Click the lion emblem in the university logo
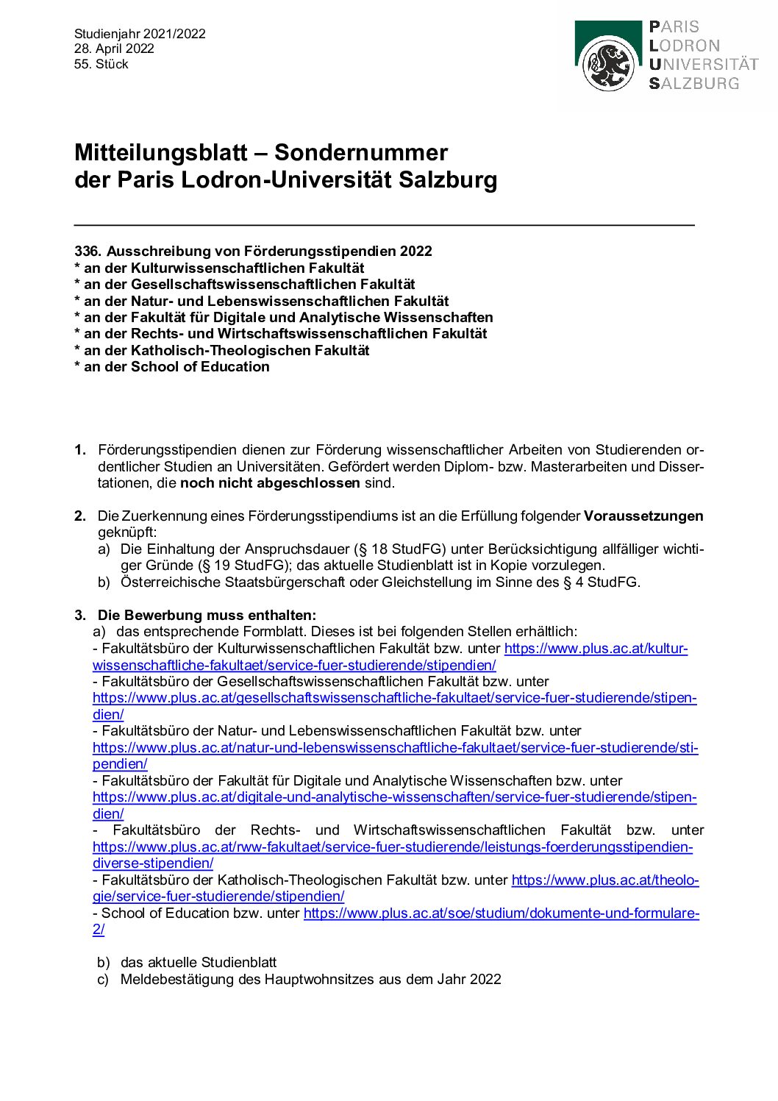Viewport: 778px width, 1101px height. point(608,65)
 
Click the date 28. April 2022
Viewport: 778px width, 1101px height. point(114,49)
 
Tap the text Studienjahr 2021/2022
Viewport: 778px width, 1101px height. point(140,34)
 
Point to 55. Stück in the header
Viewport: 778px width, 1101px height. point(101,64)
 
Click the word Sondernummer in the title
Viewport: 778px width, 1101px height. point(360,152)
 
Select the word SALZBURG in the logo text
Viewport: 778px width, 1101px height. point(694,84)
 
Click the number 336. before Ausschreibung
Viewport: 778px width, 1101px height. point(88,252)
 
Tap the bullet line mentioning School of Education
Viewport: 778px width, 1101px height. point(172,366)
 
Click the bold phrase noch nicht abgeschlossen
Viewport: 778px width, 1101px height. point(270,483)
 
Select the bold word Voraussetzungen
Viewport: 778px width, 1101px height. point(643,516)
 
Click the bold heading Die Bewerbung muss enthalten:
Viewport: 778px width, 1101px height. point(207,615)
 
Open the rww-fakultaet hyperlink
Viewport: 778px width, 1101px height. point(392,847)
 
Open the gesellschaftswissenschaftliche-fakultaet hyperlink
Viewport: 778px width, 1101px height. point(394,698)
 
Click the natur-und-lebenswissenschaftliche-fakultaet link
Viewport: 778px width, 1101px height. point(395,748)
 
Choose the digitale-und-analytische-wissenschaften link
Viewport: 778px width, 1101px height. point(394,797)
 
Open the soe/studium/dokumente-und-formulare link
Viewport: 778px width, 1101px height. point(501,913)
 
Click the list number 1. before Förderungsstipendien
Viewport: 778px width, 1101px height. point(80,450)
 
